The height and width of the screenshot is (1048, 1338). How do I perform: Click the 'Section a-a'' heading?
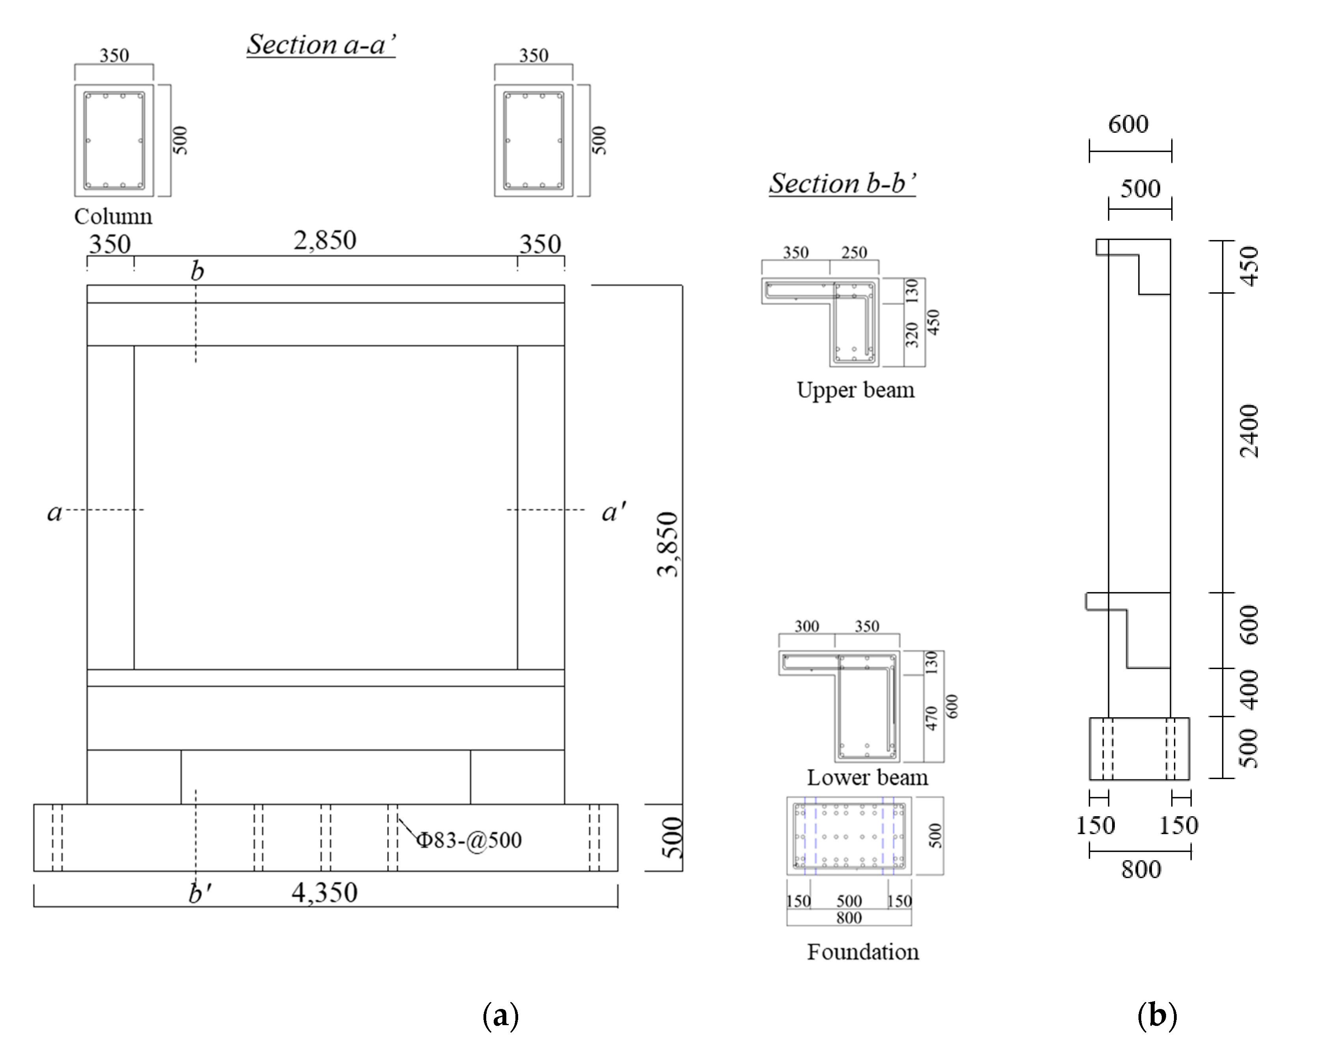click(321, 45)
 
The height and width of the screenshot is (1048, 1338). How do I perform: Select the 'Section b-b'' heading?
click(842, 183)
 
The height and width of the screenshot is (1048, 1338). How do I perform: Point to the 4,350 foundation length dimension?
click(324, 892)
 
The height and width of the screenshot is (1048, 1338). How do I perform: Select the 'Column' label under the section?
click(113, 216)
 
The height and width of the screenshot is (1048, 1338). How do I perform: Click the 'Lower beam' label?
click(867, 778)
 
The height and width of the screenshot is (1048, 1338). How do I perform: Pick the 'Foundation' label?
click(863, 952)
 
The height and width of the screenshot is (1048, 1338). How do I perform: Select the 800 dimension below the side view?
click(1141, 869)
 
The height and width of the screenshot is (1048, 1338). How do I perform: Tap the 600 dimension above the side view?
click(1128, 125)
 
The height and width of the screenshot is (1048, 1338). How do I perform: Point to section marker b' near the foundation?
click(200, 893)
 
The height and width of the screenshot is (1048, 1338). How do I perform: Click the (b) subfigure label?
click(1157, 1016)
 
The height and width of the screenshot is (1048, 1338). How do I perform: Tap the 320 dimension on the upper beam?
click(913, 334)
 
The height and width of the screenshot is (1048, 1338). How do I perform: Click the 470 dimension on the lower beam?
click(932, 718)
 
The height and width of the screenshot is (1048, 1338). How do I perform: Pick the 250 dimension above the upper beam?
click(854, 252)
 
